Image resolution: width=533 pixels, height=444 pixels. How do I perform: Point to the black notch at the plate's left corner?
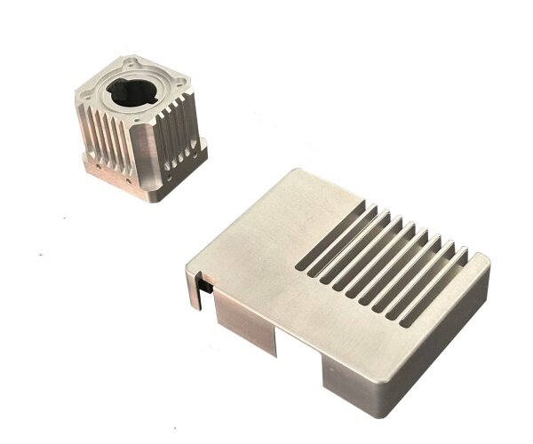point(202,289)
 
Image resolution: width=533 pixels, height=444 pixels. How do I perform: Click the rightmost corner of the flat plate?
point(487,260)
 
